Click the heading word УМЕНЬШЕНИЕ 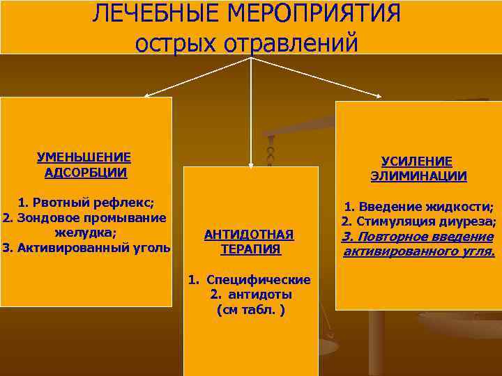[x=84, y=158]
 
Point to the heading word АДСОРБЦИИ [x=85, y=173]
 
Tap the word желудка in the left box [x=85, y=232]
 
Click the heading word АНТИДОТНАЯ [x=249, y=234]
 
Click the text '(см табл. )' [x=250, y=309]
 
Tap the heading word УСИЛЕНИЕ [x=417, y=161]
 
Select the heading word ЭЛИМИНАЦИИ [x=418, y=175]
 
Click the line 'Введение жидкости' [x=425, y=207]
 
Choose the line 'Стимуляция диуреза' [x=425, y=221]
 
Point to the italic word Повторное [x=400, y=237]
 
